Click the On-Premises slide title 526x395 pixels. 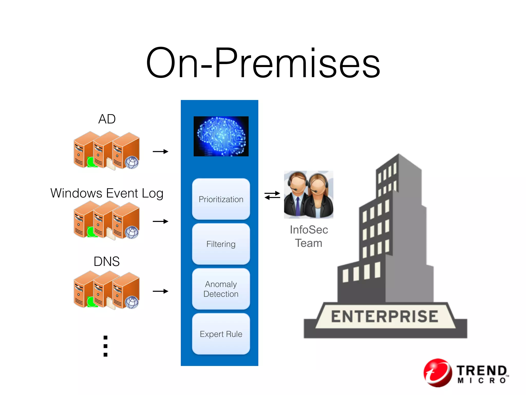(263, 63)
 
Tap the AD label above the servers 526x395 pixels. (107, 119)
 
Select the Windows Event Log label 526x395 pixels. (107, 193)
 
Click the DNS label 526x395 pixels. (107, 262)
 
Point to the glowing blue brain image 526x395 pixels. (221, 136)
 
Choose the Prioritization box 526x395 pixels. (221, 199)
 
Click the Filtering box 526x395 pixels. (221, 244)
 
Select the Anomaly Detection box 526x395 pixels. (221, 289)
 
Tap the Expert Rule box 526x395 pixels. (221, 334)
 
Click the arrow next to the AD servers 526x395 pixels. (161, 151)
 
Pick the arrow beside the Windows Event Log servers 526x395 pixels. (161, 221)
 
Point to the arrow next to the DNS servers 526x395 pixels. (161, 291)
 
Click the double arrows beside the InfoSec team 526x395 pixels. (272, 195)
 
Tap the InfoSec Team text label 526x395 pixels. (309, 236)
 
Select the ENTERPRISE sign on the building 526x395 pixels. (384, 316)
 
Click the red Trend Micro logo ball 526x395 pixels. (438, 373)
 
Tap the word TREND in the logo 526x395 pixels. (481, 371)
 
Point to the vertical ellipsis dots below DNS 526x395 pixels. (105, 346)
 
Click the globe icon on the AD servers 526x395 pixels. (132, 163)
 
